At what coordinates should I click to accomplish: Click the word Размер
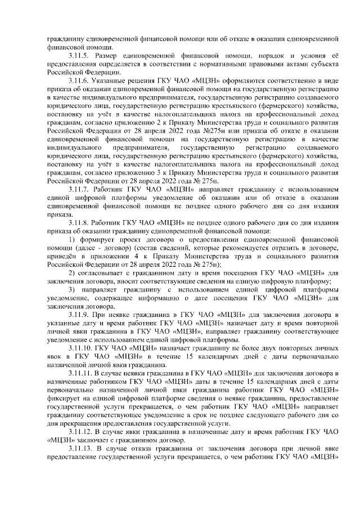coord(109,56)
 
